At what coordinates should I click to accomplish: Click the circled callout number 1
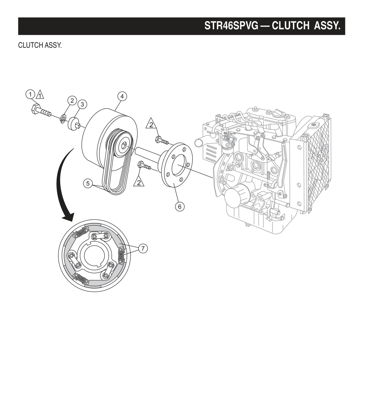tap(30, 94)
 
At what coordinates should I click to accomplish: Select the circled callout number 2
tap(72, 100)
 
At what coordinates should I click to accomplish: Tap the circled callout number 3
tap(82, 104)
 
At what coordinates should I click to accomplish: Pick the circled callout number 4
tap(122, 96)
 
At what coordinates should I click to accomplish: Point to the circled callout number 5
tap(88, 183)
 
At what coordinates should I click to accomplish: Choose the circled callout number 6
tap(180, 206)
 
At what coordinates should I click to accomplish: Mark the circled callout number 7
tap(143, 248)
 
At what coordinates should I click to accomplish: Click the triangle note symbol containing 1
tap(40, 95)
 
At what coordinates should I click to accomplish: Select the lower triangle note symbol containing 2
tap(139, 182)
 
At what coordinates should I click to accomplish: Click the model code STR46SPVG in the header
tap(231, 26)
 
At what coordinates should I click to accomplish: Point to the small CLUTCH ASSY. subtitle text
tap(40, 45)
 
